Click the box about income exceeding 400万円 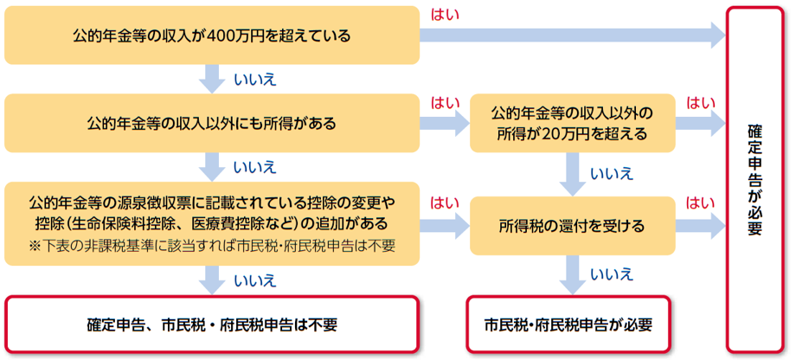(211, 35)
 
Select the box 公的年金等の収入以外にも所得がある (211, 122)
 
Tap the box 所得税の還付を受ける (571, 226)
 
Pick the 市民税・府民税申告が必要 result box (571, 325)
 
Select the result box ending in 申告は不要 (211, 325)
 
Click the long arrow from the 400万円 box (571, 35)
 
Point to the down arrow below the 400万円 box (212, 79)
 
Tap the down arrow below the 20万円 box (571, 173)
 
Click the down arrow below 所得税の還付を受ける (571, 275)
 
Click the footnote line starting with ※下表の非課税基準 (211, 246)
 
